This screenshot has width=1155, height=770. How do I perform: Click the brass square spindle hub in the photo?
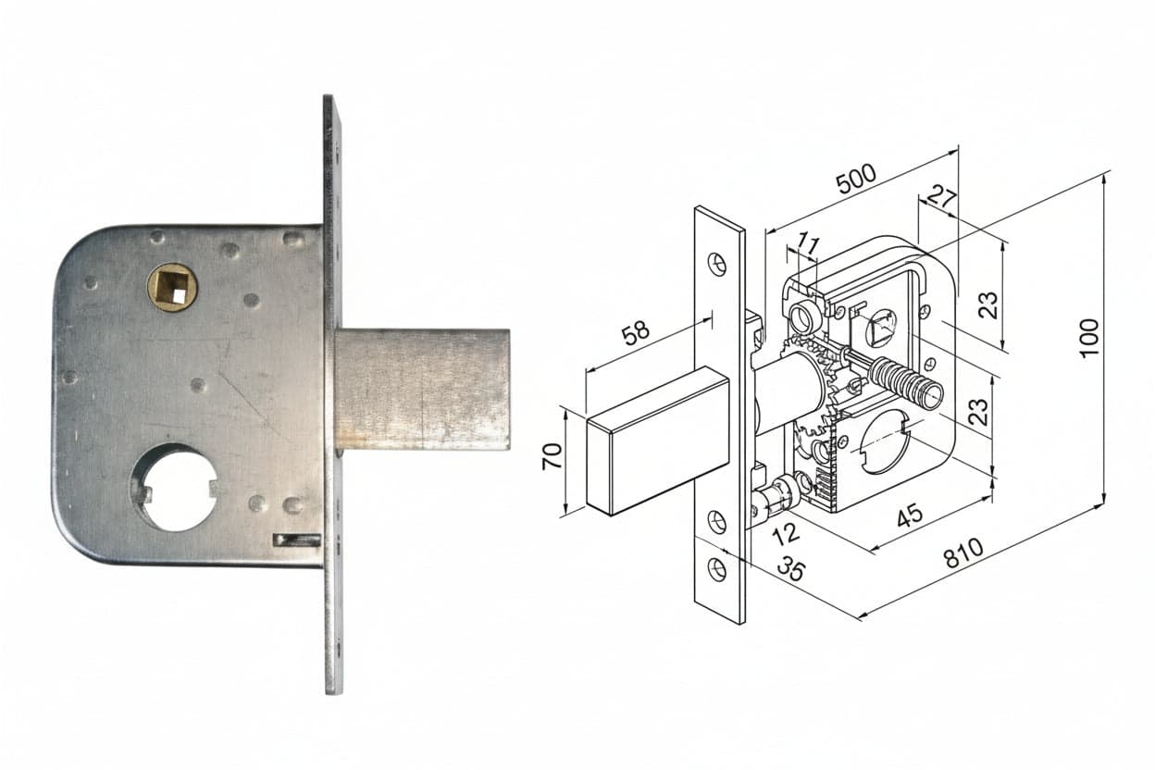pyautogui.click(x=172, y=288)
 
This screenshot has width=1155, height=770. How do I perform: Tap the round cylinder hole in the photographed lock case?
pyautogui.click(x=173, y=488)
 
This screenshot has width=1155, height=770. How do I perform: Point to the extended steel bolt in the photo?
pyautogui.click(x=423, y=390)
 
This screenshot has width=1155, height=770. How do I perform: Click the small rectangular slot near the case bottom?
pyautogui.click(x=296, y=540)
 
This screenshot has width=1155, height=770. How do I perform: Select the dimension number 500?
pyautogui.click(x=856, y=179)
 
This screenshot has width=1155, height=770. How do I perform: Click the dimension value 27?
pyautogui.click(x=941, y=197)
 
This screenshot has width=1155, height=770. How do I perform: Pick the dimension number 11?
pyautogui.click(x=809, y=243)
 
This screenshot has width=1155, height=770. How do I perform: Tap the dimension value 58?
pyautogui.click(x=636, y=333)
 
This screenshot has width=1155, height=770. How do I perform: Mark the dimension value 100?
pyautogui.click(x=1088, y=338)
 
